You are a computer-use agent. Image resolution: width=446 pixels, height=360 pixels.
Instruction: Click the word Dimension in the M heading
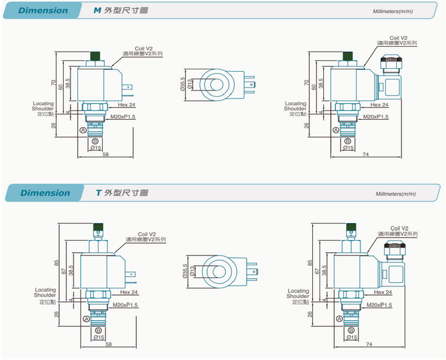[43, 10]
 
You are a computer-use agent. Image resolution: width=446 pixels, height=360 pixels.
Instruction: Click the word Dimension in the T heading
[45, 193]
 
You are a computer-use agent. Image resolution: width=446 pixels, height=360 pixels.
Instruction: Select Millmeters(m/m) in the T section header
[396, 194]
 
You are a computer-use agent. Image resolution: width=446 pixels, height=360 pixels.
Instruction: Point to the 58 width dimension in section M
[106, 155]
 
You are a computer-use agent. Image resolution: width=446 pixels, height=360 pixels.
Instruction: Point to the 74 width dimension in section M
[365, 155]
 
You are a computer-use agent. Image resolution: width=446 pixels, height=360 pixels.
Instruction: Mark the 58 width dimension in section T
[108, 344]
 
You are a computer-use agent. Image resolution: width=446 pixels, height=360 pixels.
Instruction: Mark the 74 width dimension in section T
[369, 344]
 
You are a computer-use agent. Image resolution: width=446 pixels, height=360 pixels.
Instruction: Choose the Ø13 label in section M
[190, 84]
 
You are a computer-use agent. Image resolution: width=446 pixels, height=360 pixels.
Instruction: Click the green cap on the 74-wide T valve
[350, 230]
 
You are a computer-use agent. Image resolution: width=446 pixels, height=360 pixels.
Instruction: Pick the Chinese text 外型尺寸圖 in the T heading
[126, 193]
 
